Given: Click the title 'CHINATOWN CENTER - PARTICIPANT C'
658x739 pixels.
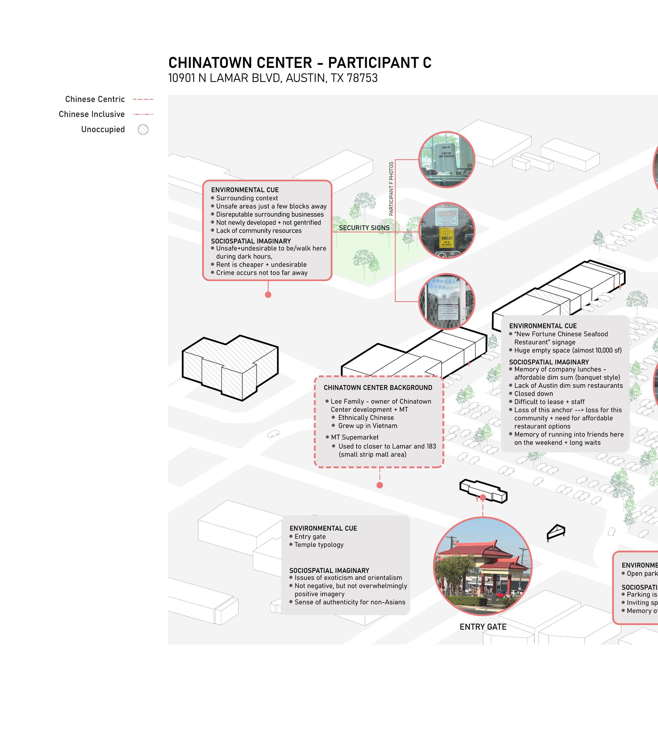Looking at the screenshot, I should pos(300,63).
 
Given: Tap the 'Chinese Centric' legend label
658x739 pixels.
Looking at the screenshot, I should pos(95,99).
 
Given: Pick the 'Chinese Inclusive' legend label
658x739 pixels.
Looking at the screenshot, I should pos(92,114).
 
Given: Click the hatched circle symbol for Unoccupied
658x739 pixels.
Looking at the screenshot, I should pos(143,129).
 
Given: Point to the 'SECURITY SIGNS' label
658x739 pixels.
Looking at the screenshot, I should pos(364,228).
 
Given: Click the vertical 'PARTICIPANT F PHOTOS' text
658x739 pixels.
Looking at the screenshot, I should pos(391,189).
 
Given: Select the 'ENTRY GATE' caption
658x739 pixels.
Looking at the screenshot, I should pos(483,627).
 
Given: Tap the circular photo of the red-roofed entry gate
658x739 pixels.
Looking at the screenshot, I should pos(483,567).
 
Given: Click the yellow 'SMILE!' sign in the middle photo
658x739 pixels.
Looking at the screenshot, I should pos(447,237).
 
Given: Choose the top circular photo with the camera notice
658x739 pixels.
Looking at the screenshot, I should pos(447,160).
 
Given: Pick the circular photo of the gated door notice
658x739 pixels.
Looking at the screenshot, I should pos(447,301).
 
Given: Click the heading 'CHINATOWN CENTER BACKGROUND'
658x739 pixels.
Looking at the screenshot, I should pos(378,388).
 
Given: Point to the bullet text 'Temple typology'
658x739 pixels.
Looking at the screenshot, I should pos(318,545).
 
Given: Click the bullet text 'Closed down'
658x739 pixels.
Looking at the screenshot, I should pos(533,394).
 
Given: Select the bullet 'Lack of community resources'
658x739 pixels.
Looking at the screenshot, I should pos(258,231).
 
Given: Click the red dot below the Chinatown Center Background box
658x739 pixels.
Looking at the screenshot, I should pos(380,485).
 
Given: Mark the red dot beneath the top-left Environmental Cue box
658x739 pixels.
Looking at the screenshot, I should pos(268,295).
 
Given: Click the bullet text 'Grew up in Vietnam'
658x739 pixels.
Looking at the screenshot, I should pos(367,426).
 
